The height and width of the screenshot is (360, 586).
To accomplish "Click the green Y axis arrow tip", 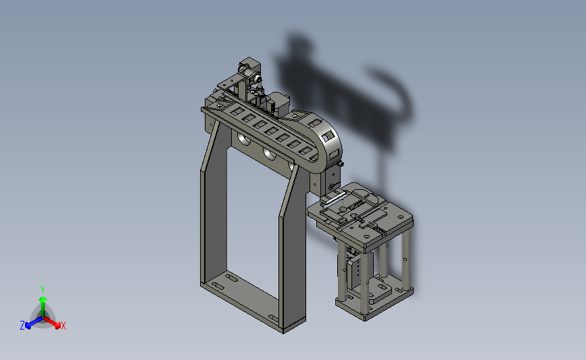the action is coord(43,299).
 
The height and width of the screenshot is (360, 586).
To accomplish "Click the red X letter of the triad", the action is coord(63,326).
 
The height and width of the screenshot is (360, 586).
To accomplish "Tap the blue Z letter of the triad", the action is coord(22,326).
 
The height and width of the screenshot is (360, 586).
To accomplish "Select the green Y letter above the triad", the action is coord(42,290).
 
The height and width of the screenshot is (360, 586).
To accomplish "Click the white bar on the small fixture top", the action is coord(335,198).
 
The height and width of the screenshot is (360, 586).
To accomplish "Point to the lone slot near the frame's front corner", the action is coord(273,318).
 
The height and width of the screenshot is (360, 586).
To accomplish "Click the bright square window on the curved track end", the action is coord(328,136).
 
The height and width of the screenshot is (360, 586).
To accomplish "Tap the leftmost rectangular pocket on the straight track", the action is coord(237,111).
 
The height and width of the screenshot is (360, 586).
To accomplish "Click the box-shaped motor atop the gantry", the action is coord(279,103).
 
